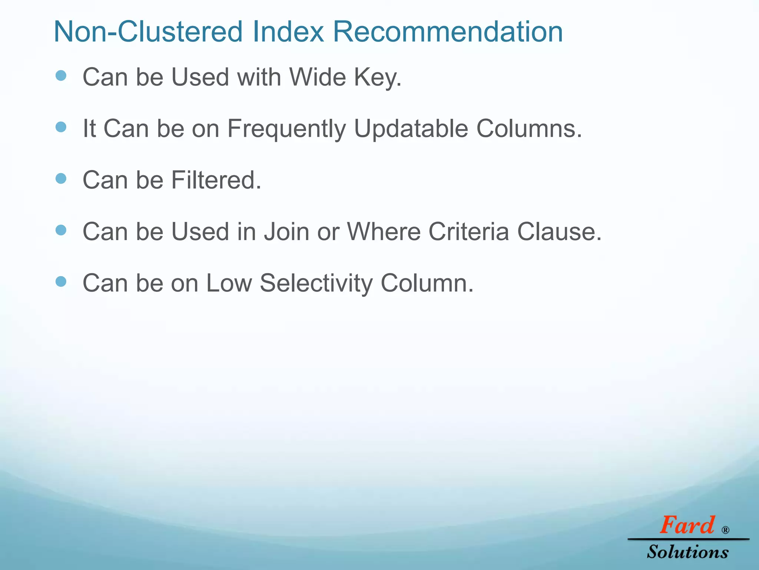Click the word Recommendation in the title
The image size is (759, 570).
point(448,32)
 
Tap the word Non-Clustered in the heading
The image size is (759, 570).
point(148,32)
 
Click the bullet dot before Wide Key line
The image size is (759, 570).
point(61,76)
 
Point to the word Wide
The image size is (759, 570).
point(317,77)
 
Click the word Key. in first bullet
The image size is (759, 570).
point(378,78)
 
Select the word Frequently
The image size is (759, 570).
point(286,129)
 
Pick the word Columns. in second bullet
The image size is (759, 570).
point(529,128)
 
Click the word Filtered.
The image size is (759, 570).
point(216,180)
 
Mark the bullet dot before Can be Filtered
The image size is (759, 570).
point(61,179)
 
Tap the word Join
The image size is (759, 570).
point(286,232)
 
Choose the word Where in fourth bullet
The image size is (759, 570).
point(384,232)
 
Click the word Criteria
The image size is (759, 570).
point(469,232)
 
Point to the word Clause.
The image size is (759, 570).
point(559,232)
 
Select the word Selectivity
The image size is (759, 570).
point(316,283)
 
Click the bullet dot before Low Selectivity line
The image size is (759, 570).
point(61,282)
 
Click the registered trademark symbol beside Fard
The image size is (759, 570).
point(725,530)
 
